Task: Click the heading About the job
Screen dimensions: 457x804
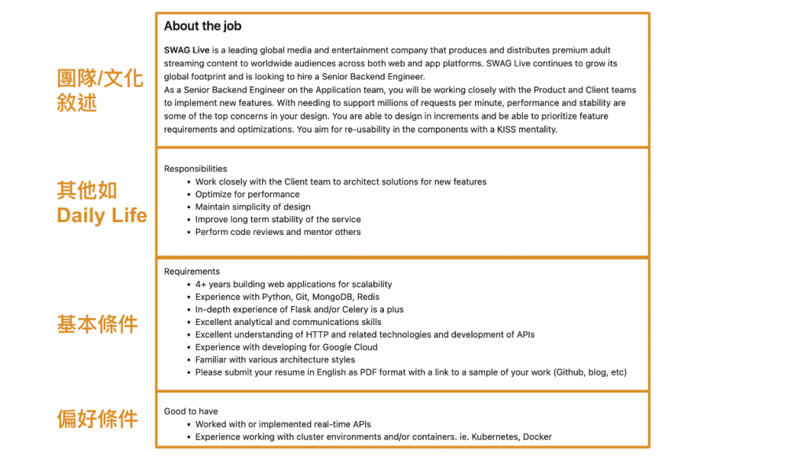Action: pyautogui.click(x=203, y=27)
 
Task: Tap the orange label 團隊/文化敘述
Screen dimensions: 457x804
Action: pyautogui.click(x=100, y=90)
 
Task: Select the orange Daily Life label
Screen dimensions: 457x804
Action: pyautogui.click(x=102, y=215)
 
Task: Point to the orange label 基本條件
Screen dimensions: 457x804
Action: pyautogui.click(x=97, y=324)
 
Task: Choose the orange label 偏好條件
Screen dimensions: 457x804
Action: pyautogui.click(x=97, y=419)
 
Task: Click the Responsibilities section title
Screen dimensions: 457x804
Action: pyautogui.click(x=196, y=169)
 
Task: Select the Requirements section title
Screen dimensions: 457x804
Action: pyautogui.click(x=192, y=272)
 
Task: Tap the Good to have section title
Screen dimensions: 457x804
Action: pyautogui.click(x=191, y=411)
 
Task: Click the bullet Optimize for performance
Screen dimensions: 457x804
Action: pyautogui.click(x=247, y=194)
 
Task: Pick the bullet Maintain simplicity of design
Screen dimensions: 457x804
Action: pyautogui.click(x=253, y=207)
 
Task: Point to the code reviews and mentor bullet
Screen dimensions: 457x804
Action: pyautogui.click(x=278, y=232)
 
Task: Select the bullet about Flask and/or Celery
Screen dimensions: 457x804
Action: pyautogui.click(x=299, y=309)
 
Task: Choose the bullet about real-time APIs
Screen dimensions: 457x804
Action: pyautogui.click(x=283, y=424)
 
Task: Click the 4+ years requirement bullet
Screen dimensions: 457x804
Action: pyautogui.click(x=294, y=284)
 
